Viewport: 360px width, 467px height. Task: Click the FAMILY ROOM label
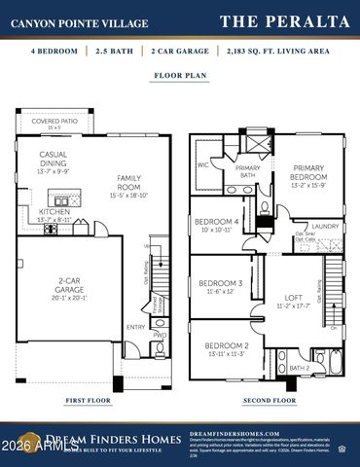(130, 182)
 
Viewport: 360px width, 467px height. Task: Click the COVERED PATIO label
(54, 123)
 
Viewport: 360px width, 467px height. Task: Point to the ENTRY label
(135, 328)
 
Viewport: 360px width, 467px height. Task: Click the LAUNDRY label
(326, 227)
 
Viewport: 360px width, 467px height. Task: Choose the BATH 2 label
(299, 368)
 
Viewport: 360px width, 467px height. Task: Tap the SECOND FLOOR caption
(269, 400)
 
